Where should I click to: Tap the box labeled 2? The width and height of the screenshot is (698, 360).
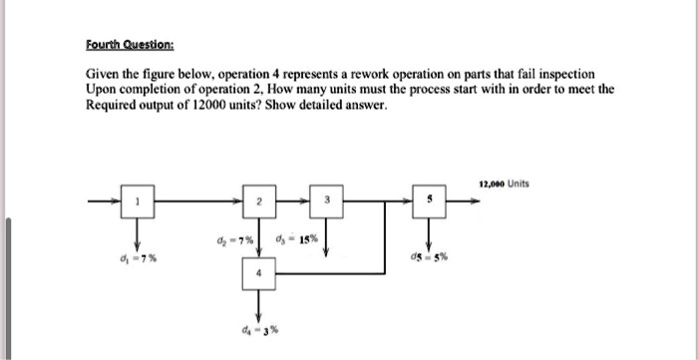coord(258,202)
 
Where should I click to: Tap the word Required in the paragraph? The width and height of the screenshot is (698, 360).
coord(112,105)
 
